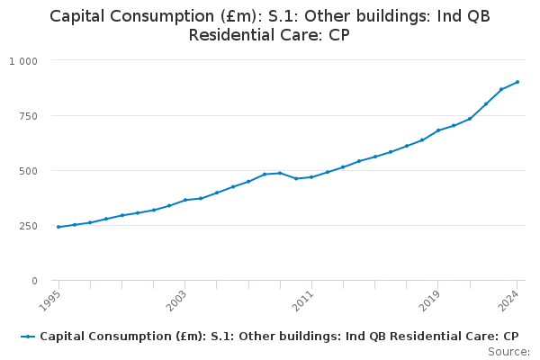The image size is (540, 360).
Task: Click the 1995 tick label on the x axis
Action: point(51,297)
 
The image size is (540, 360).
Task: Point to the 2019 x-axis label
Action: point(430,297)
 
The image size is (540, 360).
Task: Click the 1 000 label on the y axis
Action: point(23,60)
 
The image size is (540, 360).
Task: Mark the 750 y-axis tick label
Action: point(28,116)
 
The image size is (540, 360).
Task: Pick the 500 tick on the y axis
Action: point(28,171)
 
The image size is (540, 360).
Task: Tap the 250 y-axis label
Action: point(28,226)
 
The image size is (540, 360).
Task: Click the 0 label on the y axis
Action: point(34,281)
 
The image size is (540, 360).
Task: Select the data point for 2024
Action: point(517,82)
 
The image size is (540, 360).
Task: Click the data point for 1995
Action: point(58,227)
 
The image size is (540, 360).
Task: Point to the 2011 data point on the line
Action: point(311,176)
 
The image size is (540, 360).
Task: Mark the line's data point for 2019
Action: point(437,130)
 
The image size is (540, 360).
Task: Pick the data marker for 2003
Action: point(184,200)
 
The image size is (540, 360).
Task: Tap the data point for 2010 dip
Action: point(295,178)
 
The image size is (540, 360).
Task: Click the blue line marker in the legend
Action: point(28,337)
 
